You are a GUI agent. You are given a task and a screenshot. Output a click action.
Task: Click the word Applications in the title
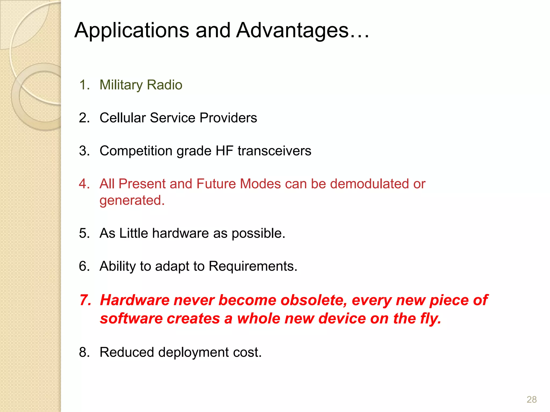coord(132,31)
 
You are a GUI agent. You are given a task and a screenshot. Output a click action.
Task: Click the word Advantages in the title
coord(293,31)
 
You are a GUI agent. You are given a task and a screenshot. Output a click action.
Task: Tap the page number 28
coord(531,399)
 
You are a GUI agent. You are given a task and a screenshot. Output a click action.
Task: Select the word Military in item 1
coord(121,85)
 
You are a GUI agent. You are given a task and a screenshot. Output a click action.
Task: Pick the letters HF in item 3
coord(224,151)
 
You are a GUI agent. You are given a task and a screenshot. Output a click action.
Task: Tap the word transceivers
coord(274,151)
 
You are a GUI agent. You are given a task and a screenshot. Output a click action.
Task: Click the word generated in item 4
coord(132,201)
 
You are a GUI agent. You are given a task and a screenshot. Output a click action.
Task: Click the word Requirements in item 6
coord(253,266)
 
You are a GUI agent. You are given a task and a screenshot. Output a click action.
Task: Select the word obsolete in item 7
coord(313,300)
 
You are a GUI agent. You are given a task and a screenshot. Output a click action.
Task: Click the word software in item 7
coord(131,319)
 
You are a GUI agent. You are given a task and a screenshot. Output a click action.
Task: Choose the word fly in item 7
coord(430,319)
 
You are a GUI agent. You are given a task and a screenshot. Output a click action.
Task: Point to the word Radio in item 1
coord(165,85)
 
